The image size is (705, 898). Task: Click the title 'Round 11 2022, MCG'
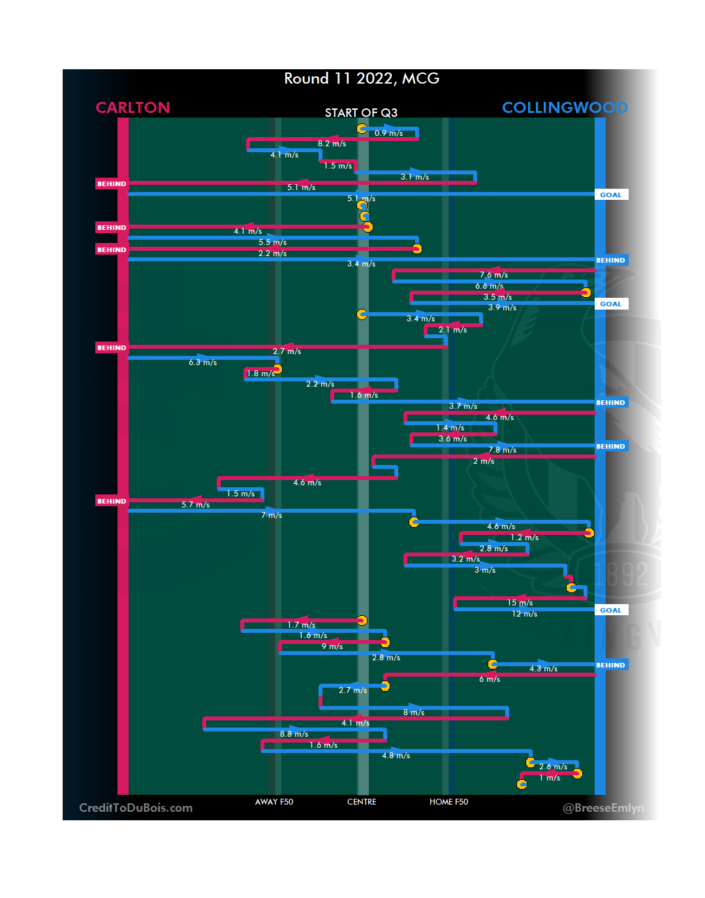click(362, 79)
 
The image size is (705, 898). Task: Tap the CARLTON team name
click(133, 108)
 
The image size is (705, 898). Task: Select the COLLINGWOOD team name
click(565, 108)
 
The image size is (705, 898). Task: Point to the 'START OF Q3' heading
click(361, 113)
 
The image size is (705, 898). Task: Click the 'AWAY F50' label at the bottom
click(274, 802)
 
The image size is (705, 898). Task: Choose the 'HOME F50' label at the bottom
click(448, 802)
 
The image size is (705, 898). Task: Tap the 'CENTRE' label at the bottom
click(362, 802)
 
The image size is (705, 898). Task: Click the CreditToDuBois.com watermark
click(136, 808)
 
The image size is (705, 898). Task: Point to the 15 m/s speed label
click(520, 603)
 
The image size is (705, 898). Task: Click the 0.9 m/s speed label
click(388, 133)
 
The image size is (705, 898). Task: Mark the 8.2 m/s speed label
click(332, 144)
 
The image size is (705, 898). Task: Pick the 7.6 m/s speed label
click(493, 275)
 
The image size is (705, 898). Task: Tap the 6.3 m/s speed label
click(202, 362)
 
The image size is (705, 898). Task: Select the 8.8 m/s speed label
click(294, 734)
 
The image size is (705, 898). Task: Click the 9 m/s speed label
click(332, 647)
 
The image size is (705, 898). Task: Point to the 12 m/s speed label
click(524, 614)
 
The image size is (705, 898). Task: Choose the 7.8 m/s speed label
click(502, 450)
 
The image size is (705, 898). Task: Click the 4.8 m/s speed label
click(396, 756)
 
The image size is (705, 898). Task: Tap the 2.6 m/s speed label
click(553, 767)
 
